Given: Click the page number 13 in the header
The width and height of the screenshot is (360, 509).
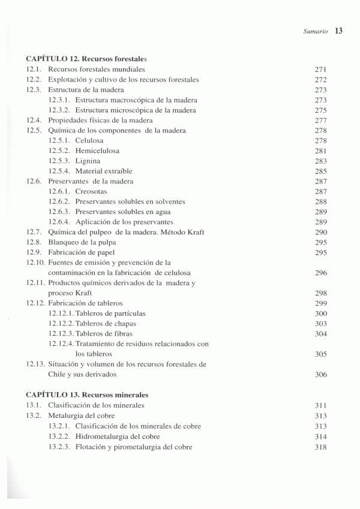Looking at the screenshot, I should point(337,31).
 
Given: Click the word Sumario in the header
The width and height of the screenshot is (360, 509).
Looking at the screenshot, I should point(314,32).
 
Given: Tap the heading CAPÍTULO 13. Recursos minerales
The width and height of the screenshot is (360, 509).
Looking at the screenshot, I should point(88,395).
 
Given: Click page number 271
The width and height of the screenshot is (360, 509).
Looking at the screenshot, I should point(320,70).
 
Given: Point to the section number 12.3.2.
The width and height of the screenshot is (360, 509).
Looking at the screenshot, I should point(59,110).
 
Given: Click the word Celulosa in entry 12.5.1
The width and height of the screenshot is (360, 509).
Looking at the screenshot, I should point(90,140).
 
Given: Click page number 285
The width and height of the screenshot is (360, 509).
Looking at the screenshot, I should point(320,171).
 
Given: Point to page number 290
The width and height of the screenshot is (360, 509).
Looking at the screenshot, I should point(320,232).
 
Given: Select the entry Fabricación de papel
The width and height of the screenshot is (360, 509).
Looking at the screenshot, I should point(83,252).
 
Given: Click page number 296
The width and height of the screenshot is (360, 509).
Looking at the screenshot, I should point(320,273).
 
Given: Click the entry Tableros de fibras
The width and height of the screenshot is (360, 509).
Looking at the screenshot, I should point(104,334).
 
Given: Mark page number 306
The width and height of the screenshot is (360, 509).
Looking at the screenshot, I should point(320,375).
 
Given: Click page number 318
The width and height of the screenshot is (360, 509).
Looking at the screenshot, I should point(320,447).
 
